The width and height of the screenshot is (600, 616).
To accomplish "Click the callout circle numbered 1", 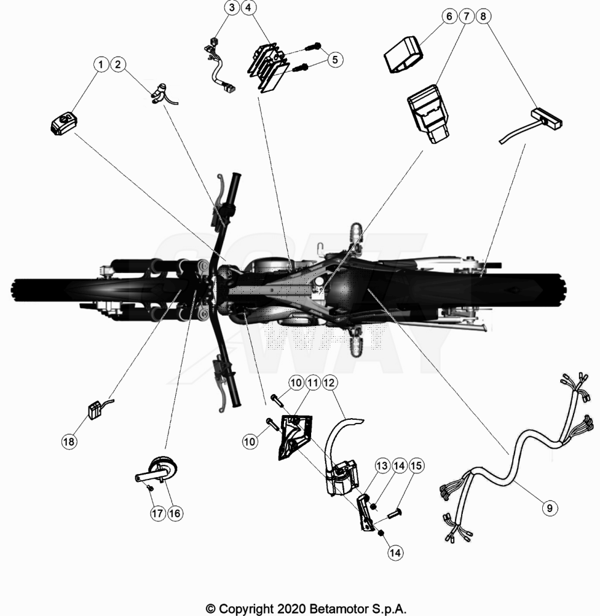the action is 101,64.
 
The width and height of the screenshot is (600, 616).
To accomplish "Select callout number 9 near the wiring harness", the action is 549,508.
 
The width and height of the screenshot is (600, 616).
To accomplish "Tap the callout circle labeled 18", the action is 69,442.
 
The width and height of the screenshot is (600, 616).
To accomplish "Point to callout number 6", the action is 449,16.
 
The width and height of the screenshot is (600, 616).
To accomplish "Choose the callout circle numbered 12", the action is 329,382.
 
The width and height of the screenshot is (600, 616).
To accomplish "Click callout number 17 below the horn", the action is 158,513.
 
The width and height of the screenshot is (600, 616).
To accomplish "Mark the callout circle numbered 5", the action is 335,60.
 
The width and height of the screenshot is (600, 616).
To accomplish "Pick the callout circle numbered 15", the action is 416,466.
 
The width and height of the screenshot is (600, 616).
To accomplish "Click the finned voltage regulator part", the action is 268,67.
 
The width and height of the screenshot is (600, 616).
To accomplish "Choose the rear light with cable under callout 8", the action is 531,126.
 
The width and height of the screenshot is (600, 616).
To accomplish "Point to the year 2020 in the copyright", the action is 291,609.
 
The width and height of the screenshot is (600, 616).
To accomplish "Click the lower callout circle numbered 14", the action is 395,553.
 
